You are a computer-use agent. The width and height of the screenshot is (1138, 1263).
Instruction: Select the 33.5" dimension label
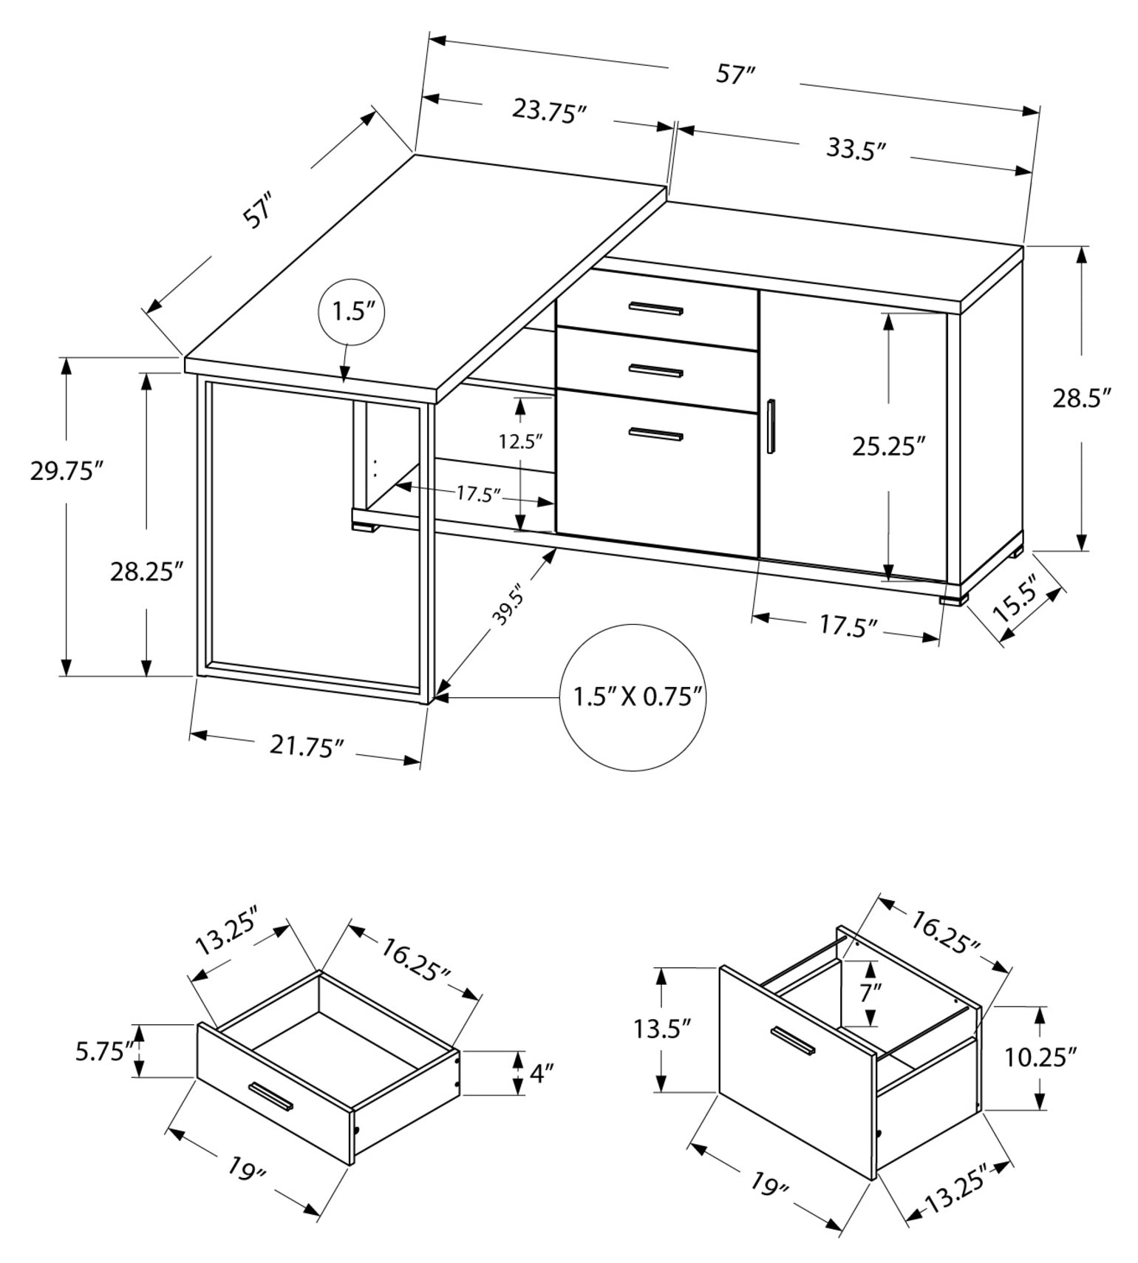click(x=856, y=149)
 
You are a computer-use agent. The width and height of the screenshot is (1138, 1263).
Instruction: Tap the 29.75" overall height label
click(x=66, y=471)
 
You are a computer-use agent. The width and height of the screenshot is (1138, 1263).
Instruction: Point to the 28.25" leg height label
click(x=146, y=572)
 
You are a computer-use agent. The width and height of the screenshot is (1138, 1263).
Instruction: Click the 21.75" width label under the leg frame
click(x=307, y=746)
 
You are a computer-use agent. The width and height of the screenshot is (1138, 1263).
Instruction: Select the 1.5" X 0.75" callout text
click(x=637, y=697)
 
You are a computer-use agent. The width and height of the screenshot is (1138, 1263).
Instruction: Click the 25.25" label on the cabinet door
click(x=888, y=447)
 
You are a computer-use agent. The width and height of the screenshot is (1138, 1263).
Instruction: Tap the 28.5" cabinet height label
click(x=1082, y=399)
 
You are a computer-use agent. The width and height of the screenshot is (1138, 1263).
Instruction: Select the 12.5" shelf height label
click(x=520, y=442)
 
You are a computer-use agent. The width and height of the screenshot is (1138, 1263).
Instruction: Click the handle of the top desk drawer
click(x=655, y=308)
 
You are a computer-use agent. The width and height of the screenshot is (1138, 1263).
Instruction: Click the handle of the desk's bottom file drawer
click(x=655, y=435)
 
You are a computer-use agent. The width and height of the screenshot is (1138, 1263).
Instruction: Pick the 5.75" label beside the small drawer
click(x=106, y=1051)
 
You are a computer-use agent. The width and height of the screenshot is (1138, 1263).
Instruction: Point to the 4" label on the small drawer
click(x=542, y=1074)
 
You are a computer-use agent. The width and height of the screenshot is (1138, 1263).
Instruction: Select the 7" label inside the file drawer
click(x=870, y=992)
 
